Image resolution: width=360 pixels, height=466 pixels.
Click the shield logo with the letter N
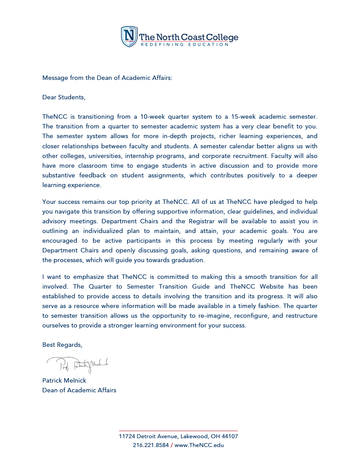click(129, 36)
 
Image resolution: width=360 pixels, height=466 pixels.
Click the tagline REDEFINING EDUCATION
click(184, 45)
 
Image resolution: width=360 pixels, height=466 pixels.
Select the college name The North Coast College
click(188, 37)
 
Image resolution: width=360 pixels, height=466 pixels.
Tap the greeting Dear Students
click(64, 97)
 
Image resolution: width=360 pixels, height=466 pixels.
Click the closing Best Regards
click(62, 345)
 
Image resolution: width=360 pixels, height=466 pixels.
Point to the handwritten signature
click(78, 364)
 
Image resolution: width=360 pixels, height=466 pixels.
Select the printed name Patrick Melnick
click(64, 380)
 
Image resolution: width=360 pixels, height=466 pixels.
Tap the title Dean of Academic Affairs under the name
click(79, 390)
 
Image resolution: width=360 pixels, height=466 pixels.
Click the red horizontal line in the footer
click(178, 430)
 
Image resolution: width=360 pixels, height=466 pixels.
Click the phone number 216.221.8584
click(151, 445)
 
